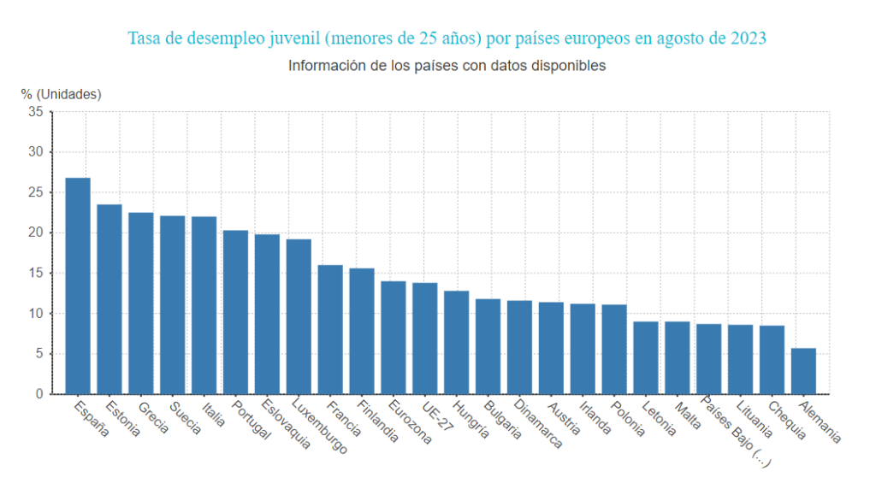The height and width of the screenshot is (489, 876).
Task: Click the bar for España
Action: (78, 286)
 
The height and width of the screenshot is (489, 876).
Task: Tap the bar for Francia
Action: (330, 329)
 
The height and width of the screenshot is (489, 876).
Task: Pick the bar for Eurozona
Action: (394, 338)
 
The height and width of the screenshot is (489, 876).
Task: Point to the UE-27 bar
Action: (425, 339)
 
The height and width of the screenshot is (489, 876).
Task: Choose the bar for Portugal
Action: (235, 312)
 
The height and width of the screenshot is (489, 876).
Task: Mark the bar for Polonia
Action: (614, 349)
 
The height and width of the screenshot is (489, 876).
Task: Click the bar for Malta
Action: (678, 357)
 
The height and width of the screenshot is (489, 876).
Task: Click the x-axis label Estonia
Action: (121, 418)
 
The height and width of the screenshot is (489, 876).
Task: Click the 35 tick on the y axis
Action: (35, 111)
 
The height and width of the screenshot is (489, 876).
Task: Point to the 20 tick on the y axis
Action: (35, 233)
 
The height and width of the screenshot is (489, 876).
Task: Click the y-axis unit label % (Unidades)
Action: (61, 94)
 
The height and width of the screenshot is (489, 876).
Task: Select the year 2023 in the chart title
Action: (749, 38)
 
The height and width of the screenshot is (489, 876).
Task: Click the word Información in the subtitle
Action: (325, 66)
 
